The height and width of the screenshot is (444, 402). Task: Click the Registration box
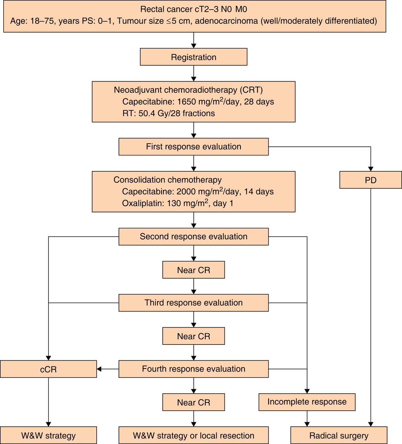193,57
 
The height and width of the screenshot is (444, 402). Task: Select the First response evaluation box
193,147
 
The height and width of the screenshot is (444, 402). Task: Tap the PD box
371,180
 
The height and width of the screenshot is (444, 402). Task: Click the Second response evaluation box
193,236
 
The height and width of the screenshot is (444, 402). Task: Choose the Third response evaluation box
193,303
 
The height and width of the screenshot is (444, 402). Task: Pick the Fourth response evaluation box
193,369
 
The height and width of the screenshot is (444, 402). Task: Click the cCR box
48,369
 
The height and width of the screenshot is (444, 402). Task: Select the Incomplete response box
307,402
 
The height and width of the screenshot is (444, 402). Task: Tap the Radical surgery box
339,435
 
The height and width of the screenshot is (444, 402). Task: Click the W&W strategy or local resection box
193,435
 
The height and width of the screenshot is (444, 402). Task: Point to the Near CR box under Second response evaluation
193,270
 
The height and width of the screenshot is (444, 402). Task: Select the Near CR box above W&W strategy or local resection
193,402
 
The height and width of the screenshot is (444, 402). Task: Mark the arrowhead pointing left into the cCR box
99,369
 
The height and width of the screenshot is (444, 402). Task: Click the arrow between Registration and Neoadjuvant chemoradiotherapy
193,74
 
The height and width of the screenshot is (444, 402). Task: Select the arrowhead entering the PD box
371,168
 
